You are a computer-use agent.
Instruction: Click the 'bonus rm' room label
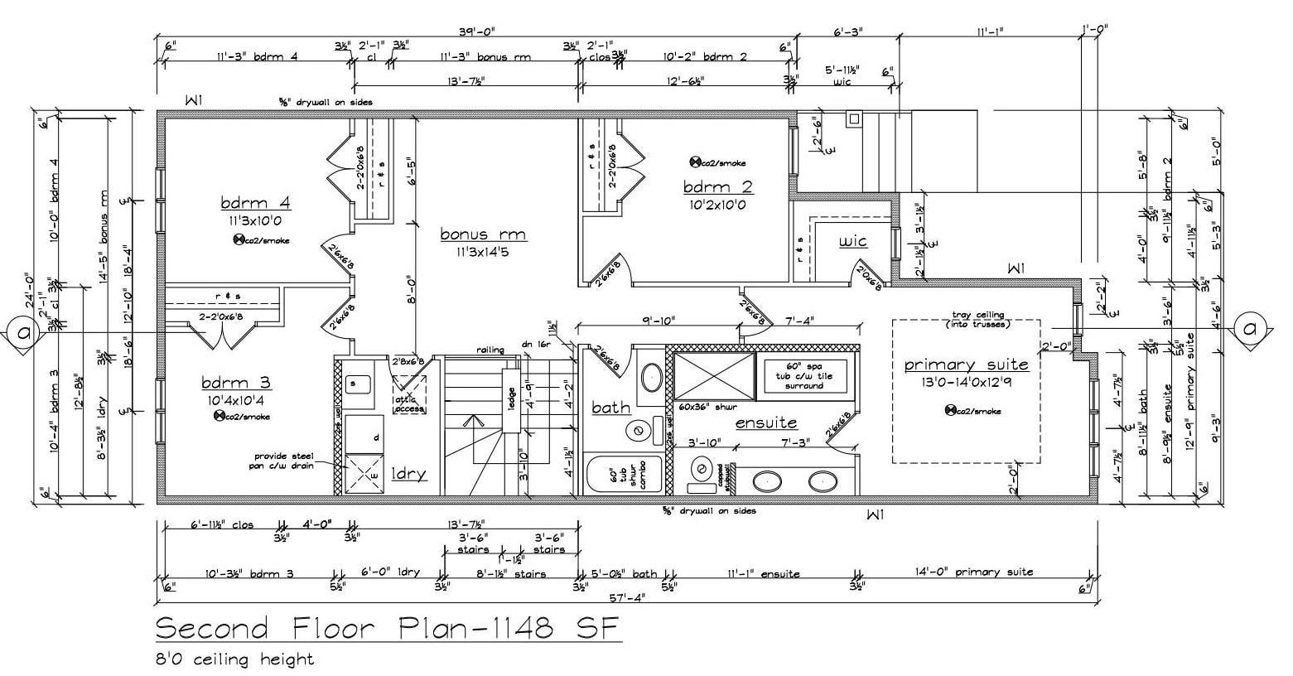pos(482,234)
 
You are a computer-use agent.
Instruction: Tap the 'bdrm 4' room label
pos(255,203)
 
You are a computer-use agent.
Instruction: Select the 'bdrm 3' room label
pos(236,383)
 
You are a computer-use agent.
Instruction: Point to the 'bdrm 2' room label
pos(714,186)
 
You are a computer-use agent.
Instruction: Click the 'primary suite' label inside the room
pos(966,365)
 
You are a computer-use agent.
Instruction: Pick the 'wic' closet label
pos(852,241)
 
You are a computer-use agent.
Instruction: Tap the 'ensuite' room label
pos(766,423)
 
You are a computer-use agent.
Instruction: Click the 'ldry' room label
pos(408,474)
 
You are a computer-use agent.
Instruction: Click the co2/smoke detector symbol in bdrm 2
pos(695,162)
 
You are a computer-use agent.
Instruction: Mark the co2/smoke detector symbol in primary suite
pos(951,410)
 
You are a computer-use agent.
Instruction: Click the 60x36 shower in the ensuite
pos(714,377)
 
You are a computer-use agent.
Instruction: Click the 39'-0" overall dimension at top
pos(476,31)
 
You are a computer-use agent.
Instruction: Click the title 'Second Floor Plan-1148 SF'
pos(388,630)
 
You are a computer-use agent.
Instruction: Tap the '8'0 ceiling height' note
pos(235,659)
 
